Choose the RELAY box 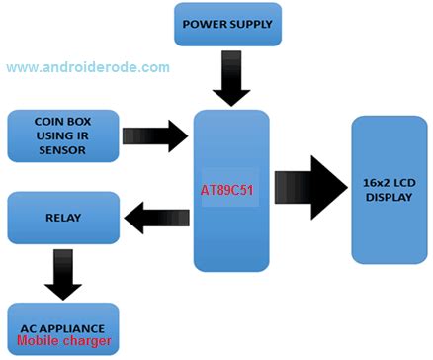(62, 216)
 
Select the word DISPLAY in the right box (390, 196)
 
